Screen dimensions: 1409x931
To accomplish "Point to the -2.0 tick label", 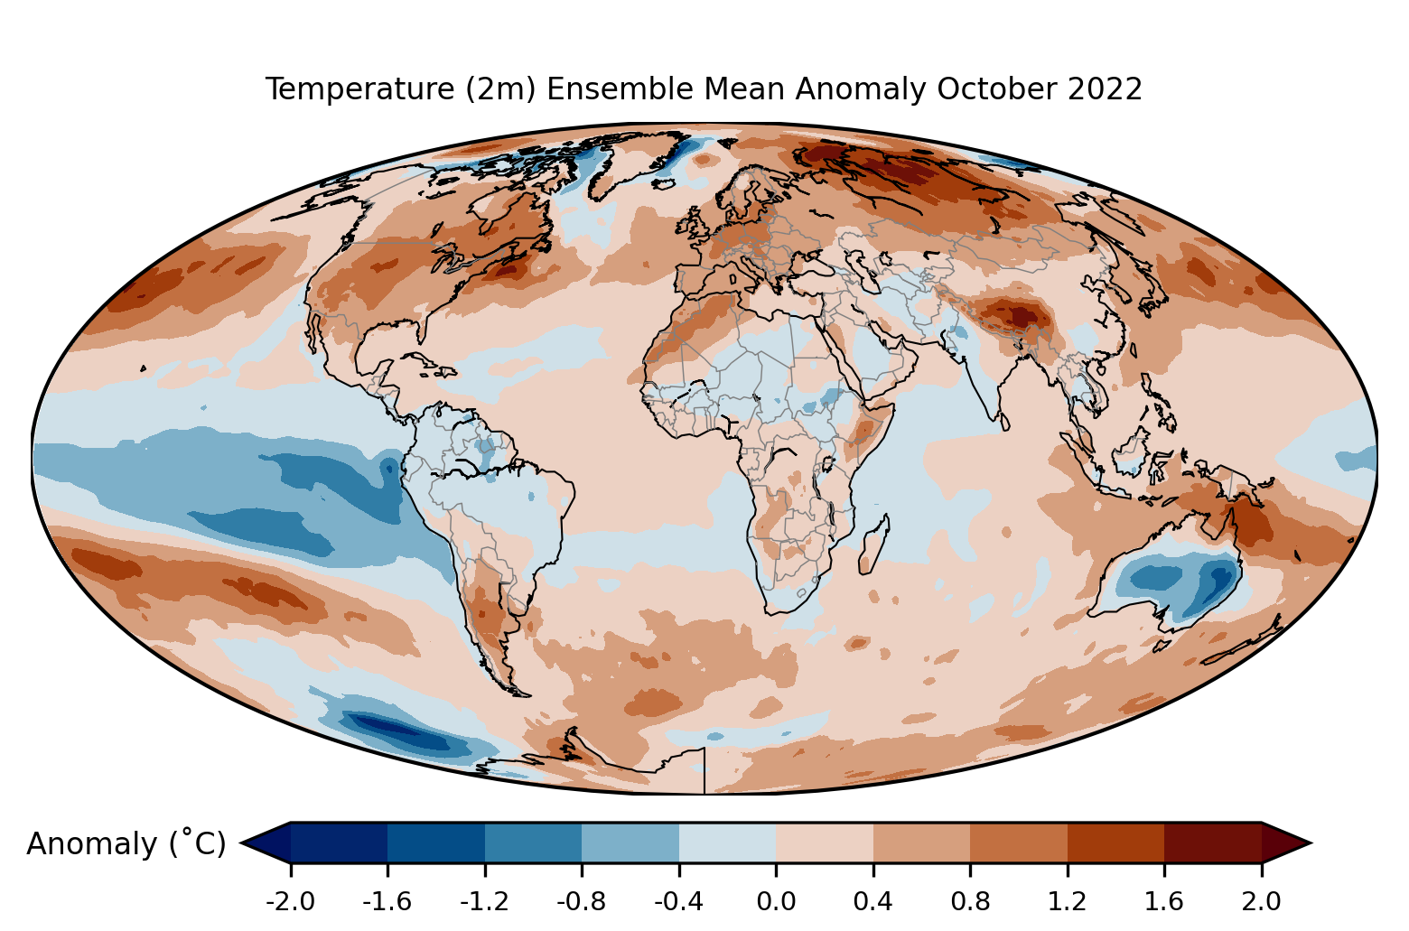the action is (x=290, y=902).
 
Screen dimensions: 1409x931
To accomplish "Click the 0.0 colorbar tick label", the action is (x=776, y=902).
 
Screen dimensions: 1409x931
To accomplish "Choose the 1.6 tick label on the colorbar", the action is (x=1164, y=902).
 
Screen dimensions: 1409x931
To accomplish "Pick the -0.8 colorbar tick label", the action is (x=582, y=902).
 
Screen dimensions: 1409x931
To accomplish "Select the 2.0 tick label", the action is (x=1261, y=902).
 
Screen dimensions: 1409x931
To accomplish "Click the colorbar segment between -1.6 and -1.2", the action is (x=436, y=843).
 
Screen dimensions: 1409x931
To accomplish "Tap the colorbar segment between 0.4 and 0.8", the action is (x=921, y=843).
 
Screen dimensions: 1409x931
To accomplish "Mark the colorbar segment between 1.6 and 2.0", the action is (x=1213, y=843).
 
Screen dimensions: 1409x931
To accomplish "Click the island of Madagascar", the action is (x=873, y=545).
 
